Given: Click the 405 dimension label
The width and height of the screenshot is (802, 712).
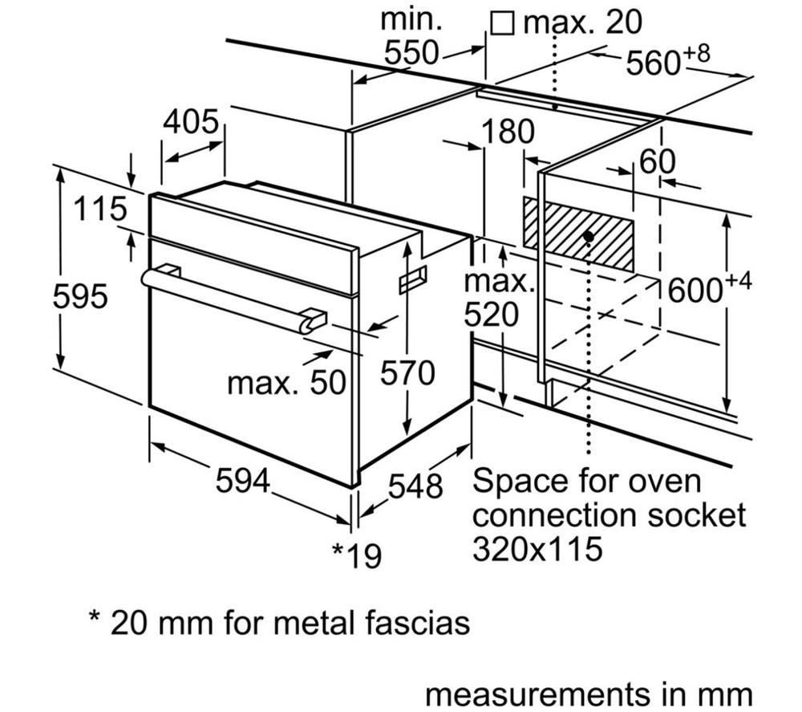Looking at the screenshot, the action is (191, 122).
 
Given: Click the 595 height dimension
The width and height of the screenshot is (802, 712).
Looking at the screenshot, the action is (80, 296).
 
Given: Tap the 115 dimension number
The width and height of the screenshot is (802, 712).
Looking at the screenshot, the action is (100, 209).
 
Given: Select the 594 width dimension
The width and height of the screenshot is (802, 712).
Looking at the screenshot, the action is (242, 481).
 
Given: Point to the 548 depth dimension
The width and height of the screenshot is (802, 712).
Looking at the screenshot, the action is (415, 486).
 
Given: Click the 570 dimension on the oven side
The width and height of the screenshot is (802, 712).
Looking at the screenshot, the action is (407, 372).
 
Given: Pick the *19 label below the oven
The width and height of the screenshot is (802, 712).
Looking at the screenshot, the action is (357, 555).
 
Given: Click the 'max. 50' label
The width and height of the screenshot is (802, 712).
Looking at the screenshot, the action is (287, 382).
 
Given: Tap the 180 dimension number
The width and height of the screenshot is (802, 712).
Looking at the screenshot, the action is (508, 132).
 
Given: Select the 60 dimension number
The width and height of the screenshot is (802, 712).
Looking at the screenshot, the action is (658, 162).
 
